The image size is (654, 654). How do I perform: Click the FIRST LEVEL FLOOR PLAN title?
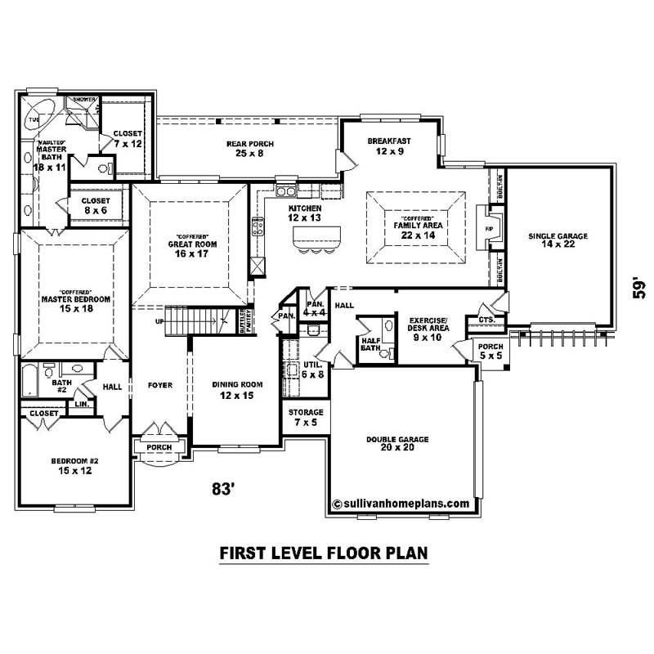click(325, 553)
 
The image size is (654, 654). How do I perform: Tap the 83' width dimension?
click(223, 489)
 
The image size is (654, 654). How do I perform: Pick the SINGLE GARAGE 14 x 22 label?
click(558, 241)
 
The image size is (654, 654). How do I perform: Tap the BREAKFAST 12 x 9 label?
click(388, 146)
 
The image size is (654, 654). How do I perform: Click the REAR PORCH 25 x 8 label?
click(249, 149)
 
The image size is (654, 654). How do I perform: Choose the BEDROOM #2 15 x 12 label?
click(74, 467)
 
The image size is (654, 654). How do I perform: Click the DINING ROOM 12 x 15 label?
click(237, 390)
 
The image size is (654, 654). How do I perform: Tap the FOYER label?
click(159, 385)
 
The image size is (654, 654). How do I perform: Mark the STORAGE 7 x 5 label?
click(306, 417)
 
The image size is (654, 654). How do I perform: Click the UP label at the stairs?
click(159, 321)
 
